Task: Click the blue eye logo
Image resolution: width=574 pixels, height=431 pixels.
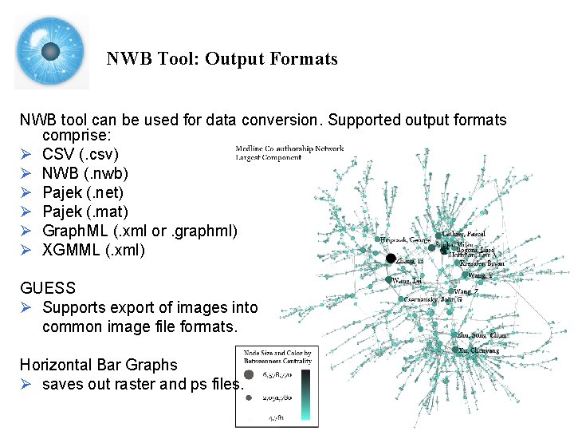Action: [51, 52]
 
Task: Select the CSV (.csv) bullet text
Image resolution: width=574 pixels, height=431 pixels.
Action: [81, 154]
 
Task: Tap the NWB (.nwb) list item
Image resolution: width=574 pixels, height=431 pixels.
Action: [85, 173]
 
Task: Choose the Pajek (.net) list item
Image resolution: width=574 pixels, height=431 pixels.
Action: [83, 192]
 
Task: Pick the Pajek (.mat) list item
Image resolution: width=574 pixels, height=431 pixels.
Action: [85, 212]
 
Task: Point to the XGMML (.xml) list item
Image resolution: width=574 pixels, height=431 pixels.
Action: [94, 250]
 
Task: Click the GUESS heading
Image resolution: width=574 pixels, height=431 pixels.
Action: [48, 288]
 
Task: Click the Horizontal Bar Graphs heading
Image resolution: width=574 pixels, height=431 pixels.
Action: [99, 365]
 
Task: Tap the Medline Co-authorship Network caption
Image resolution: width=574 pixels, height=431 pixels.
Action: [290, 148]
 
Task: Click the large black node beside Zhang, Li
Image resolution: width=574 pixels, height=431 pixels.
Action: [391, 258]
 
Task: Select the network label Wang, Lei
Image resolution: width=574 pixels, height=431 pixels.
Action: [407, 281]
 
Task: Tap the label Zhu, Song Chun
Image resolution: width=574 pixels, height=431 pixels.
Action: [482, 335]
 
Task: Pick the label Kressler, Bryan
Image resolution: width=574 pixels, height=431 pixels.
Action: [482, 263]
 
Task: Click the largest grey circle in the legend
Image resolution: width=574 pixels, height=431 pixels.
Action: [248, 374]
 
